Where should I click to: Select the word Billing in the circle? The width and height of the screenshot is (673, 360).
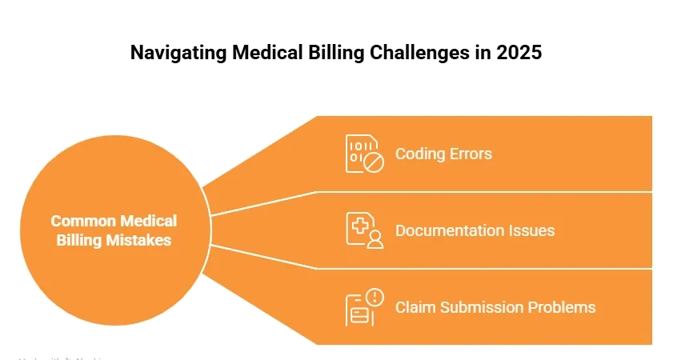(79, 239)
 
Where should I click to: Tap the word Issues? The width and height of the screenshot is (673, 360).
(532, 230)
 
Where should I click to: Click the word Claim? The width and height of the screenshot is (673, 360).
(413, 307)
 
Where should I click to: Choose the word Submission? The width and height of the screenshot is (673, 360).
(475, 307)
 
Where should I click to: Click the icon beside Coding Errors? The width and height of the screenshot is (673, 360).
(364, 154)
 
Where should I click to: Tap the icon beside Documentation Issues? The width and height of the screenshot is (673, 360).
(364, 230)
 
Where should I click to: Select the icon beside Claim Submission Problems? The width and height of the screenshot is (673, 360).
(364, 307)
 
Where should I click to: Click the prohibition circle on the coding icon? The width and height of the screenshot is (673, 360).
(374, 162)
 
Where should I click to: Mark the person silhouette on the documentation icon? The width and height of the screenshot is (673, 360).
(375, 239)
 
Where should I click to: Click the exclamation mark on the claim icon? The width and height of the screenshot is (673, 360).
(375, 298)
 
